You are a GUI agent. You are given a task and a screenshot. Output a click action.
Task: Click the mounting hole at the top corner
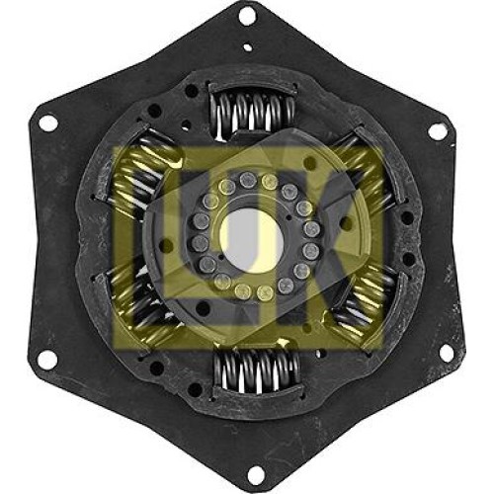click(x=247, y=17)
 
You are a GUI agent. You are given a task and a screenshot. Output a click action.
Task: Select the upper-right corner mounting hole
click(x=437, y=131)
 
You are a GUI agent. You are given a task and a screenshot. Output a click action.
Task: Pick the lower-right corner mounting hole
click(x=447, y=352)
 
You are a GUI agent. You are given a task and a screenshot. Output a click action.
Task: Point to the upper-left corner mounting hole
click(x=48, y=123)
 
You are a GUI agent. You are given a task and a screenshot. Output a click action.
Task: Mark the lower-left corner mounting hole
click(x=45, y=359)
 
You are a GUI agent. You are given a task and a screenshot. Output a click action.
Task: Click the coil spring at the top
click(x=253, y=112)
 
